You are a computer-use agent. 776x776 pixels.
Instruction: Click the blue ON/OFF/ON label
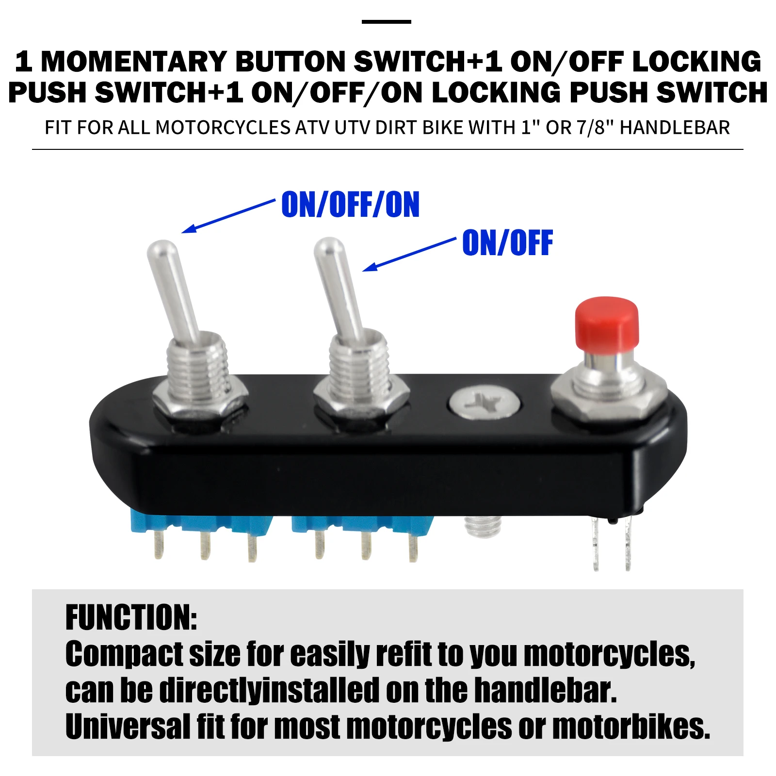coord(350,205)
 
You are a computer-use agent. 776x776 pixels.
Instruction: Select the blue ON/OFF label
coord(507,243)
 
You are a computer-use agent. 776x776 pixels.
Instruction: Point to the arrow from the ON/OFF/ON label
coord(228,216)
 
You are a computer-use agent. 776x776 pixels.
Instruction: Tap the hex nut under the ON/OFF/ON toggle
coord(199,402)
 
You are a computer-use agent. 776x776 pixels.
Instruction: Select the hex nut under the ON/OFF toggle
coord(361,403)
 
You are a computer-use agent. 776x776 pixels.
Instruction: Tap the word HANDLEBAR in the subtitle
coord(675,128)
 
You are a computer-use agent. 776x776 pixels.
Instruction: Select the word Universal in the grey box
coord(128,727)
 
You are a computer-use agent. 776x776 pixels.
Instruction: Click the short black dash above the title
coord(386,22)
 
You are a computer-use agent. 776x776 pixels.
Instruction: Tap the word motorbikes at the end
coord(630,727)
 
